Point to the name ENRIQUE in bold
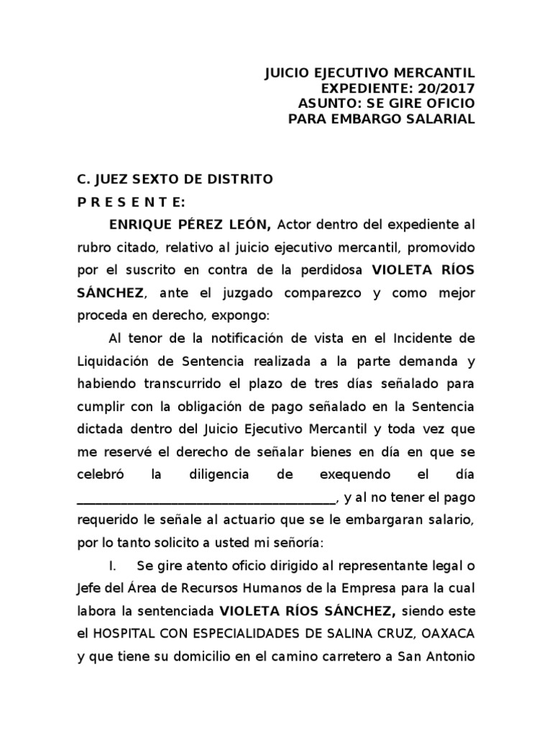tap(142, 225)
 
